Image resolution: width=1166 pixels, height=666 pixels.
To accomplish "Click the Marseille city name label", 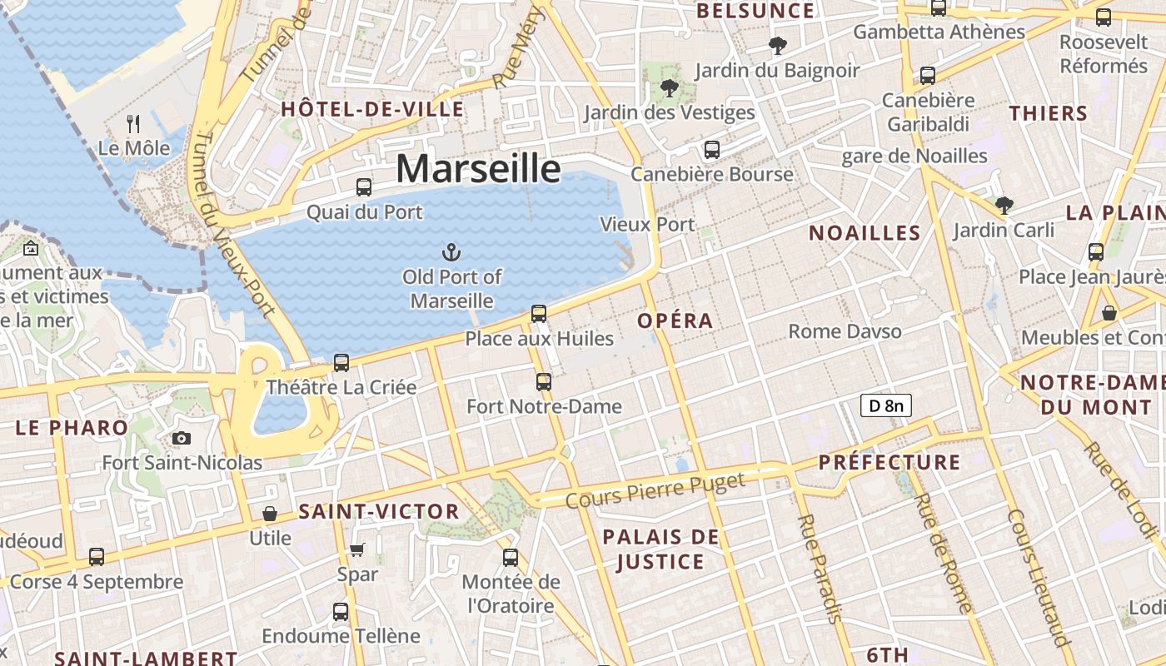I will (478, 168).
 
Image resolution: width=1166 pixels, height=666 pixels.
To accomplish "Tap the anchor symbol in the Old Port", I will (451, 251).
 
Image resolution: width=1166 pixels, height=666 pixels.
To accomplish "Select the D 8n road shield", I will (885, 405).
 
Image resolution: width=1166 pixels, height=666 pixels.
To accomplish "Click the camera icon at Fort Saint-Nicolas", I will (181, 438).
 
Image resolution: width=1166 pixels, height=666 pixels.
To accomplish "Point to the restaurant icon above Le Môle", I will (133, 124).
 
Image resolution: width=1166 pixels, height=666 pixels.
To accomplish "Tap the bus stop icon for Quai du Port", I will (364, 187).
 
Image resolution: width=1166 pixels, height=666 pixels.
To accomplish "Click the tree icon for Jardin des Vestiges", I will (668, 87).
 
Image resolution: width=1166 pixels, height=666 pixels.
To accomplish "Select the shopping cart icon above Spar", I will (357, 549).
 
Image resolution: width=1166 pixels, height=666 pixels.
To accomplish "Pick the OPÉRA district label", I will (675, 321).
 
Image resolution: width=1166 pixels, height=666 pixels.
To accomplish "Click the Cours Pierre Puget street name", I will (655, 490).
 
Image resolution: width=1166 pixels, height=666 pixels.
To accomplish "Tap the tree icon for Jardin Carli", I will (1004, 205).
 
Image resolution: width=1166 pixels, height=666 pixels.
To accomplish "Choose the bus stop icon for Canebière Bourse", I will (711, 150).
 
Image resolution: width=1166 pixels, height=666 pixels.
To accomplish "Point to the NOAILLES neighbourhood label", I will (865, 233).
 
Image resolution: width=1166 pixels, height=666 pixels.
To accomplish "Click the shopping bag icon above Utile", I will (270, 514).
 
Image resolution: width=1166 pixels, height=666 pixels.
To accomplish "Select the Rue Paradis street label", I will (820, 568).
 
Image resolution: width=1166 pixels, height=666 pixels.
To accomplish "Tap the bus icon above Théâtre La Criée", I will (341, 363).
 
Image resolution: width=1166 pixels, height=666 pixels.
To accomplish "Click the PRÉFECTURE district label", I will (889, 462).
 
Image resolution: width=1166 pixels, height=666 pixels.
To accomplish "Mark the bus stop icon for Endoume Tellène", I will (341, 612).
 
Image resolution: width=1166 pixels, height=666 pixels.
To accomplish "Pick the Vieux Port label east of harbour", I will (647, 224).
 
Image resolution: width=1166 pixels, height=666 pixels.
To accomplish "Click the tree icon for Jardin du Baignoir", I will (778, 46).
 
